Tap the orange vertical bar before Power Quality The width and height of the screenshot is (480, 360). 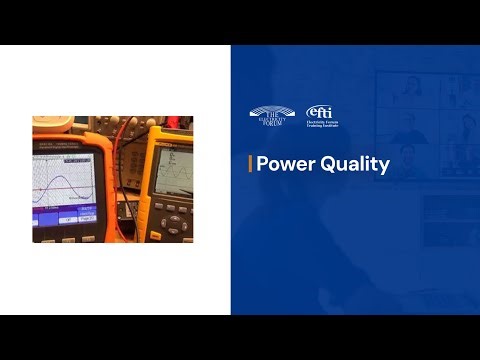(x=249, y=165)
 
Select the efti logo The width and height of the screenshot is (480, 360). (x=319, y=112)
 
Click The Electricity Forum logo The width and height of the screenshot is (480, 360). (x=272, y=117)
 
